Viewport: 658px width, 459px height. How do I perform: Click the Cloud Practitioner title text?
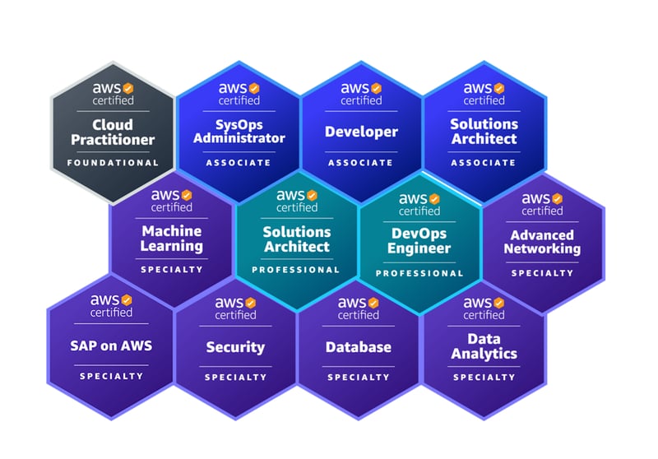(x=113, y=132)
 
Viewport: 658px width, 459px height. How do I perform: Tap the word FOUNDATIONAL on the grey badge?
(x=113, y=163)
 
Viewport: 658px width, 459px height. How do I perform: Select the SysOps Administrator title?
(x=239, y=131)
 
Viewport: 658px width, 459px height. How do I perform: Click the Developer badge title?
(x=361, y=132)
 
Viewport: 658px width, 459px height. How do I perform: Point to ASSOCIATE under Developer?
(x=361, y=163)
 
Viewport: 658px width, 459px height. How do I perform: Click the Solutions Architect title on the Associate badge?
(x=484, y=131)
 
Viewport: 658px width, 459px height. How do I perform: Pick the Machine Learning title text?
(x=172, y=239)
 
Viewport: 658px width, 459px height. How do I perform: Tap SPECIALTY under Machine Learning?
(x=172, y=270)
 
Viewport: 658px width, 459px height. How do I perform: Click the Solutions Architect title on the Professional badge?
(x=296, y=239)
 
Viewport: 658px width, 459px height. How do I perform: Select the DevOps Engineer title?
(x=419, y=241)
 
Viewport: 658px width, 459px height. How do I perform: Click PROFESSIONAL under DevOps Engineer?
(x=419, y=273)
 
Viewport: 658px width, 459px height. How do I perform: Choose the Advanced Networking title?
(x=542, y=241)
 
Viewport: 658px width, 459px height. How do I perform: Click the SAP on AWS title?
(x=111, y=346)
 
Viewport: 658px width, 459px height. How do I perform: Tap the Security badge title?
(x=235, y=348)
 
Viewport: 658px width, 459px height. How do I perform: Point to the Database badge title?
(x=359, y=347)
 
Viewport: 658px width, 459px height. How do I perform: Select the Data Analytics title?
(x=484, y=346)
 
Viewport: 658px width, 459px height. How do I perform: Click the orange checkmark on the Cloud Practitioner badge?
(x=127, y=86)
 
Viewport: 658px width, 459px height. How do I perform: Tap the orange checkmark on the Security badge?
(x=251, y=303)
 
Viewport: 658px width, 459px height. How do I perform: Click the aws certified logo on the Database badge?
(x=359, y=308)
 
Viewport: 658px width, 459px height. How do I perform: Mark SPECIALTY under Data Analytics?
(x=484, y=378)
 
